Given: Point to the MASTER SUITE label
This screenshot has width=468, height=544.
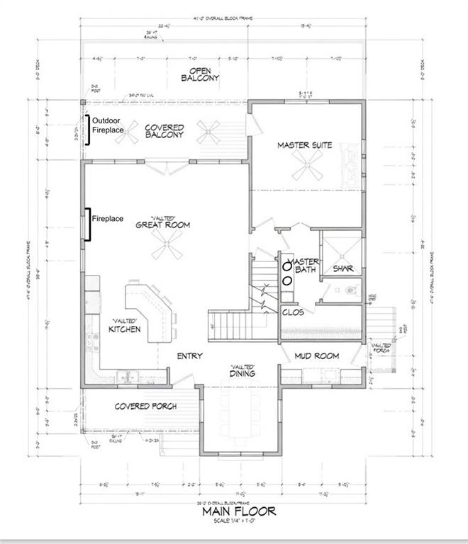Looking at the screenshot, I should (305, 145).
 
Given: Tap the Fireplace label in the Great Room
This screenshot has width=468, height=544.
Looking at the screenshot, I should (110, 219).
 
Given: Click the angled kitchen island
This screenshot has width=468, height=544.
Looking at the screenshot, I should (149, 305).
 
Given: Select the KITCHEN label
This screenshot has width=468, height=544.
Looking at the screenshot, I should (125, 329).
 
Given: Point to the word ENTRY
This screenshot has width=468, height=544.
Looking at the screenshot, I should (189, 356).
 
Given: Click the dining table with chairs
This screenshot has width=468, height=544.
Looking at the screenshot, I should (238, 414).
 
